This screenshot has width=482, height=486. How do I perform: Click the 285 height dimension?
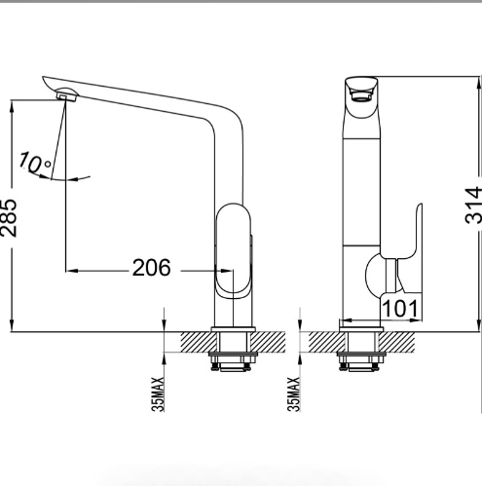point(9,217)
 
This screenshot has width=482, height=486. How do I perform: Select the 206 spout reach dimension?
point(151,268)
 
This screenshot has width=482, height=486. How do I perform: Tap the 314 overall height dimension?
point(473,205)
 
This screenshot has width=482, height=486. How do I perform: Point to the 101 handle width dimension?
point(400,308)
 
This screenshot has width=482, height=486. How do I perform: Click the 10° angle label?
point(34,163)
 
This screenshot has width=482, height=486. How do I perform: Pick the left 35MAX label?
point(158,394)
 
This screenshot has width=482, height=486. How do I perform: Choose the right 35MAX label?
point(294,394)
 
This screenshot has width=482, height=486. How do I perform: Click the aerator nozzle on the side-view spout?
point(66,94)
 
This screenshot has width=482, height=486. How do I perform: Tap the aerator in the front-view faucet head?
point(360,95)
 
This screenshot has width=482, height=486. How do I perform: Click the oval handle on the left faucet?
point(234,251)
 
